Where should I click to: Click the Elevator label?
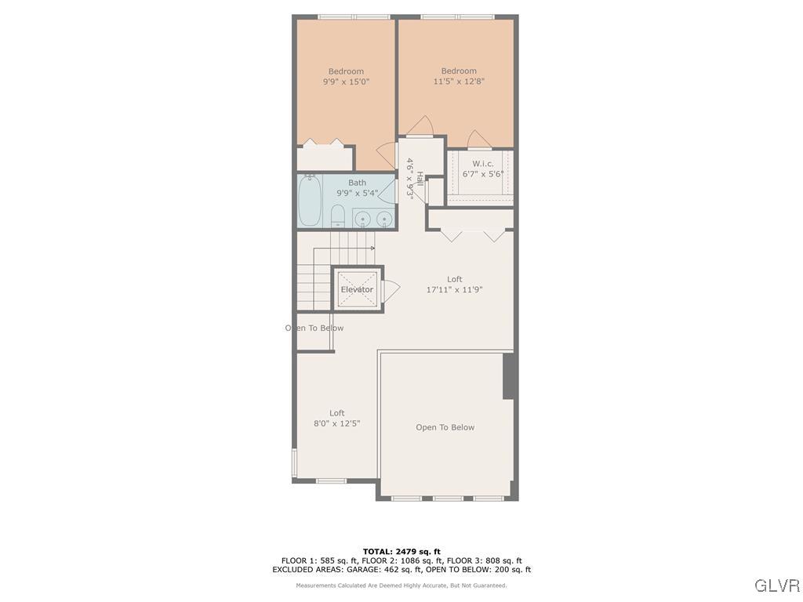click(357, 290)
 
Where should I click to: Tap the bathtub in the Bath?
click(309, 200)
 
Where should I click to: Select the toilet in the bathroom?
click(337, 214)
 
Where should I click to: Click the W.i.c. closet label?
click(482, 163)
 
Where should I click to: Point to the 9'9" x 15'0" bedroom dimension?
click(346, 82)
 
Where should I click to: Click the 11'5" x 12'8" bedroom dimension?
click(459, 81)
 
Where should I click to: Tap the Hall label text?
click(420, 184)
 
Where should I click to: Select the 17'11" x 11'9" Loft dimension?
click(454, 289)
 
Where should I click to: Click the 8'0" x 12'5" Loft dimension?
click(336, 423)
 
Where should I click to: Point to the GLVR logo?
click(777, 586)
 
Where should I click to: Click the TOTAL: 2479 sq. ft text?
click(401, 551)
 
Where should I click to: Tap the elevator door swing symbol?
click(391, 290)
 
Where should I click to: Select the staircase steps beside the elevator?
click(313, 287)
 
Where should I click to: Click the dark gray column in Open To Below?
click(508, 376)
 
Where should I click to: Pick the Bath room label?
click(357, 183)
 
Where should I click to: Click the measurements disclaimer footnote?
click(401, 586)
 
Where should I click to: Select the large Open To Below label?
click(445, 427)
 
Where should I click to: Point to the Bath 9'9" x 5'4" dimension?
click(357, 193)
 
